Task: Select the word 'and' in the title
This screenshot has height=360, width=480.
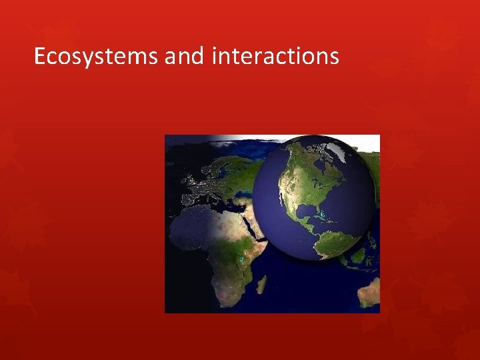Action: [185, 57]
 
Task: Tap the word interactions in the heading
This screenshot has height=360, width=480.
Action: [275, 57]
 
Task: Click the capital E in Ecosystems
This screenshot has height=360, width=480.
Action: [40, 57]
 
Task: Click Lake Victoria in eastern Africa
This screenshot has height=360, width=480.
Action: [241, 259]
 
